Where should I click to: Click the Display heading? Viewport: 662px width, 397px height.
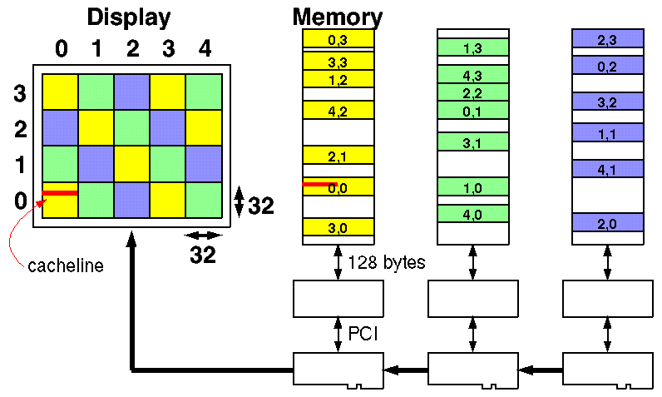click(128, 17)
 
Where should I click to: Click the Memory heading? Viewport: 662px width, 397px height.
click(337, 17)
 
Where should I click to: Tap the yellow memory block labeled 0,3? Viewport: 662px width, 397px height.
click(338, 38)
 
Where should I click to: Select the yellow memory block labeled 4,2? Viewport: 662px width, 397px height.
click(338, 110)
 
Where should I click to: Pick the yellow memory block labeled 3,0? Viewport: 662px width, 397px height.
click(338, 227)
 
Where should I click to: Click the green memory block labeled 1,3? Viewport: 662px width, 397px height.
click(472, 49)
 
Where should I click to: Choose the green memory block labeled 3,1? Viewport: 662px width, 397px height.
click(472, 142)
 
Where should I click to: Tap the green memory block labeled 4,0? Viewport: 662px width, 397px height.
click(472, 214)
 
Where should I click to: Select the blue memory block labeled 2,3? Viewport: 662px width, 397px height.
click(607, 38)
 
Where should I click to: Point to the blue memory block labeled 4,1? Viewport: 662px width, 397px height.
click(607, 169)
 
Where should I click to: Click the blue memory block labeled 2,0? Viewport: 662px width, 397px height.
click(607, 222)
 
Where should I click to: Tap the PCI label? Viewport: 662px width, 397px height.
click(361, 334)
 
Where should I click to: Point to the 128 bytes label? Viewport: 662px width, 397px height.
click(388, 263)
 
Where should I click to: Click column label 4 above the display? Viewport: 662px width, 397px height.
click(205, 49)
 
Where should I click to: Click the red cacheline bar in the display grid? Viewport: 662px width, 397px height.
click(59, 193)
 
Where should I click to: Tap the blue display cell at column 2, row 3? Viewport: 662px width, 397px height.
click(131, 92)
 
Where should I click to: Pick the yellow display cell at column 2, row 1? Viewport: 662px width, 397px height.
click(131, 163)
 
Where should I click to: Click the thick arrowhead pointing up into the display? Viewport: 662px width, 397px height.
click(131, 241)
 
